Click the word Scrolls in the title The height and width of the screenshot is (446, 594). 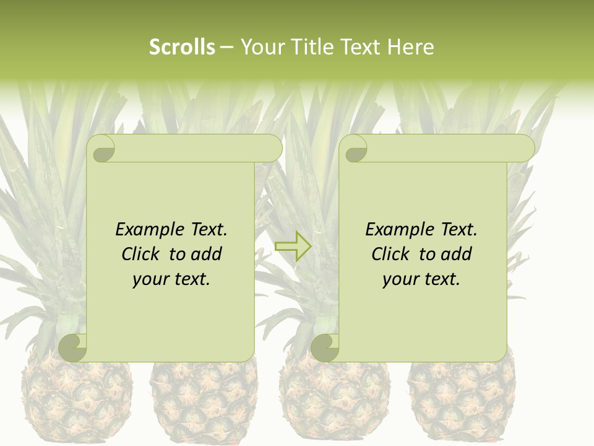(182, 47)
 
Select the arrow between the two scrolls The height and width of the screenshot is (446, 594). (293, 246)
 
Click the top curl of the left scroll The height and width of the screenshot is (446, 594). (101, 149)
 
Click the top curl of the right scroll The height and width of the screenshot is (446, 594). (355, 149)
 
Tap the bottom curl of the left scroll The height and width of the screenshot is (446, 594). (72, 348)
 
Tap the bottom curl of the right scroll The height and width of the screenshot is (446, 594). (324, 348)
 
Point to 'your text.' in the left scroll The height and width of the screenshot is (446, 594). (171, 279)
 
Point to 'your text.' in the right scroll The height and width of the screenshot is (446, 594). (421, 279)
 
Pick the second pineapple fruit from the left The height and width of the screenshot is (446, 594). (204, 403)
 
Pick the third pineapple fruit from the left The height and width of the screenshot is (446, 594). (334, 403)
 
